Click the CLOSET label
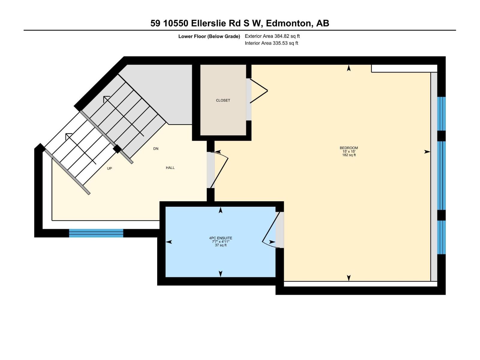pyautogui.click(x=223, y=100)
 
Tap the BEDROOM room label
pyautogui.click(x=349, y=148)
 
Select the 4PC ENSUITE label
pyautogui.click(x=220, y=238)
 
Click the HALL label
pyautogui.click(x=170, y=168)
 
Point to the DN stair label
pyautogui.click(x=156, y=148)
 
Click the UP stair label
pyautogui.click(x=109, y=169)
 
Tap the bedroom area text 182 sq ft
pyautogui.click(x=349, y=155)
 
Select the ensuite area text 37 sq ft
pyautogui.click(x=221, y=245)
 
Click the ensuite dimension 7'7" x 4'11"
pyautogui.click(x=220, y=242)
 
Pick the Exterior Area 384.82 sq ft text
pyautogui.click(x=272, y=36)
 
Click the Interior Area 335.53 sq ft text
pyautogui.click(x=271, y=43)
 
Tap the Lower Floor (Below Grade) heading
pyautogui.click(x=209, y=36)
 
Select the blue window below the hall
pyautogui.click(x=96, y=233)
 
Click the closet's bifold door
pyautogui.click(x=258, y=91)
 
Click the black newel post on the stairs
pyautogui.click(x=117, y=149)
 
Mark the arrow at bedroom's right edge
pyautogui.click(x=427, y=152)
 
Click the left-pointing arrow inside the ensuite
pyautogui.click(x=169, y=242)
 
